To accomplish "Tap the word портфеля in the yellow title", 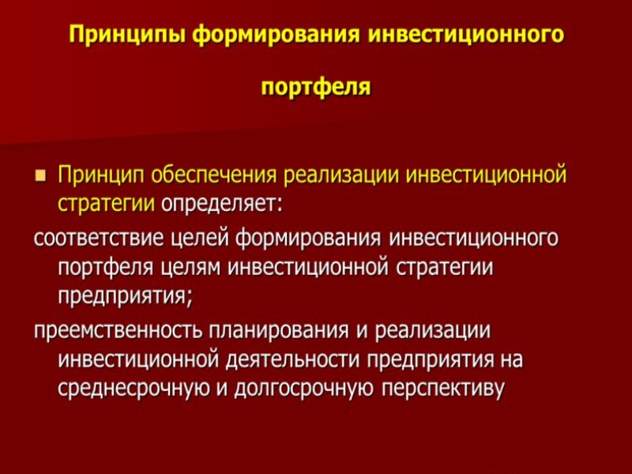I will click(316, 85).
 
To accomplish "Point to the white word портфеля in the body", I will click(107, 267).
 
